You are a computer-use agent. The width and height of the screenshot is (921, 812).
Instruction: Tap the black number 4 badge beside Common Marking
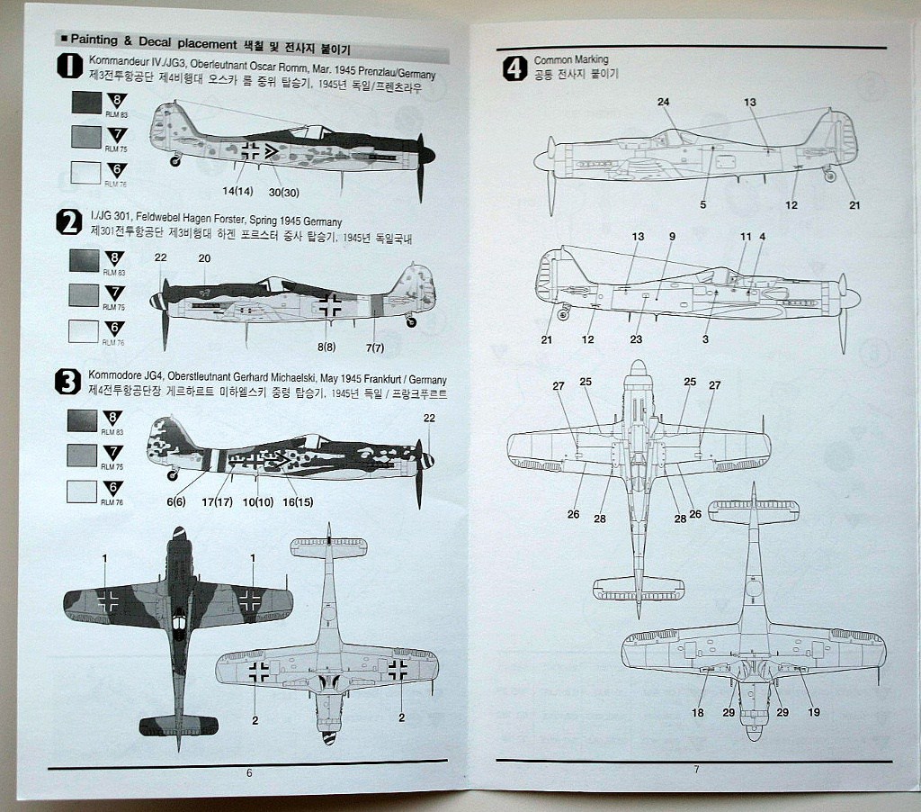pyautogui.click(x=514, y=69)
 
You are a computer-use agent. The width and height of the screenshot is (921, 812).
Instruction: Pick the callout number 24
pyautogui.click(x=664, y=102)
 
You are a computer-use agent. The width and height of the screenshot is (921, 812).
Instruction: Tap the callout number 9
pyautogui.click(x=672, y=236)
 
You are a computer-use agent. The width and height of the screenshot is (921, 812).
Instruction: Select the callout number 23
pyautogui.click(x=636, y=339)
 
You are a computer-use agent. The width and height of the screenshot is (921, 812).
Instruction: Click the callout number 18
pyautogui.click(x=698, y=713)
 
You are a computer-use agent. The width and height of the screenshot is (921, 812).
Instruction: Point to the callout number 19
pyautogui.click(x=815, y=713)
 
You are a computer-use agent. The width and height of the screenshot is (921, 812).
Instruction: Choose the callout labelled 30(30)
pyautogui.click(x=283, y=192)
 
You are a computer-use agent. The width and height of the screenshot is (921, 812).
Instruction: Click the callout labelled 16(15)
pyautogui.click(x=299, y=501)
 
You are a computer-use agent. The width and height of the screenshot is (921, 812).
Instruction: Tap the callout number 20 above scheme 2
pyautogui.click(x=204, y=257)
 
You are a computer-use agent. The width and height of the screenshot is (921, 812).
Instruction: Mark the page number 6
pyautogui.click(x=249, y=772)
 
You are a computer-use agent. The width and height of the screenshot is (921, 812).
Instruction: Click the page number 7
pyautogui.click(x=696, y=769)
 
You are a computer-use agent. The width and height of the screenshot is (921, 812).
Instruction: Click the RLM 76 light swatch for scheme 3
pyautogui.click(x=83, y=491)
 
